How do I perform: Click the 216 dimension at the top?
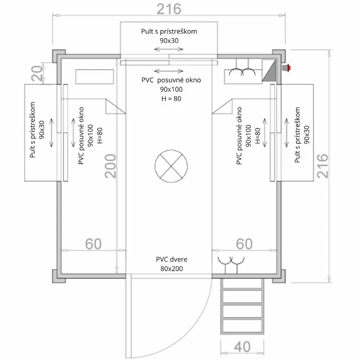pyautogui.click(x=169, y=9)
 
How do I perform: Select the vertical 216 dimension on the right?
pyautogui.click(x=323, y=166)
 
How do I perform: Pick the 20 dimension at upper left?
pyautogui.click(x=39, y=72)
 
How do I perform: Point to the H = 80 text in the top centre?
pyautogui.click(x=170, y=99)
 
